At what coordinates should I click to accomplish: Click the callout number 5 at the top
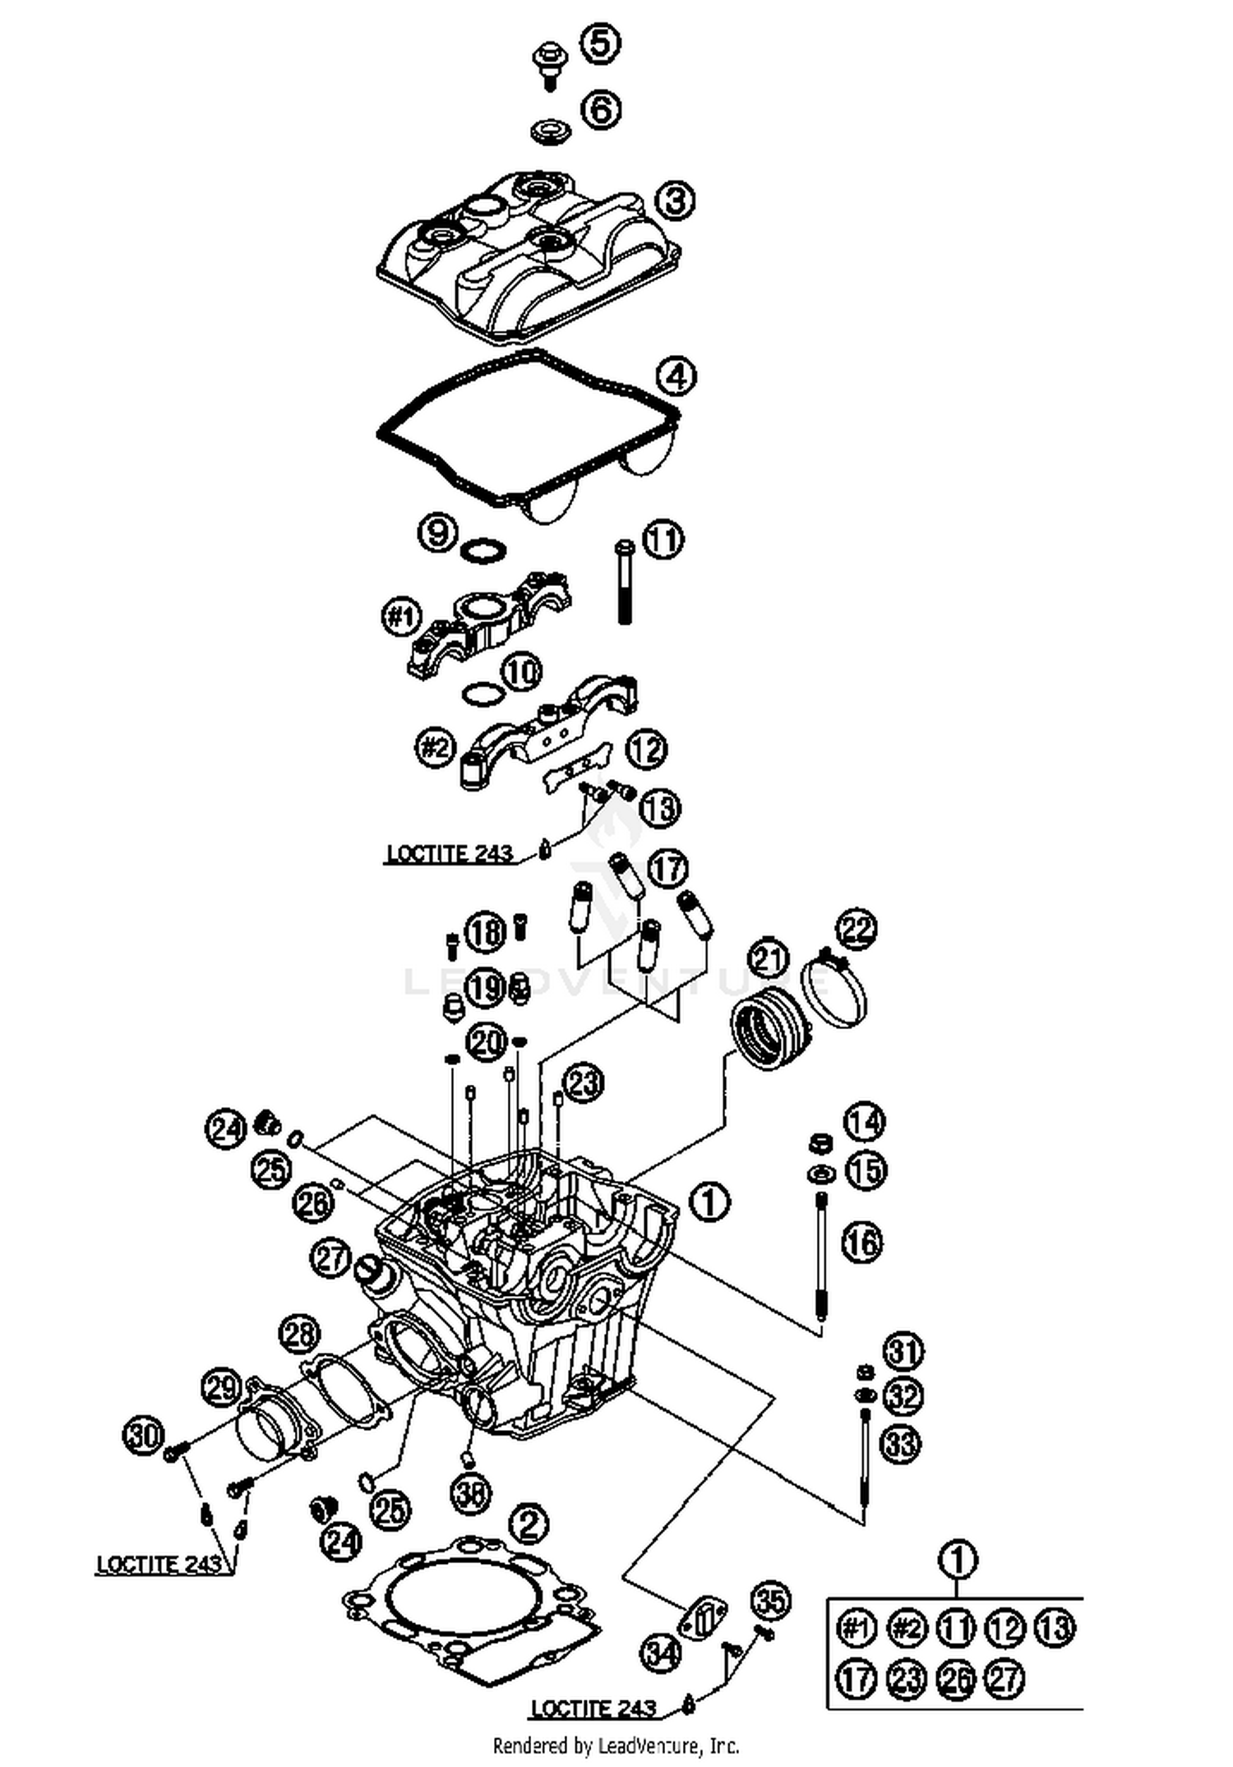tap(601, 44)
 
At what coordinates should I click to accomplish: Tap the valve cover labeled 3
tap(526, 255)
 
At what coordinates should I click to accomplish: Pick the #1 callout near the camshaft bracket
tap(402, 616)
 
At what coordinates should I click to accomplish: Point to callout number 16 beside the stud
tap(861, 1242)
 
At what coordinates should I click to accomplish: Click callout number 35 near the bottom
tap(770, 1599)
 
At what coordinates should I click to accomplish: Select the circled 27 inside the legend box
tap(1004, 1678)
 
